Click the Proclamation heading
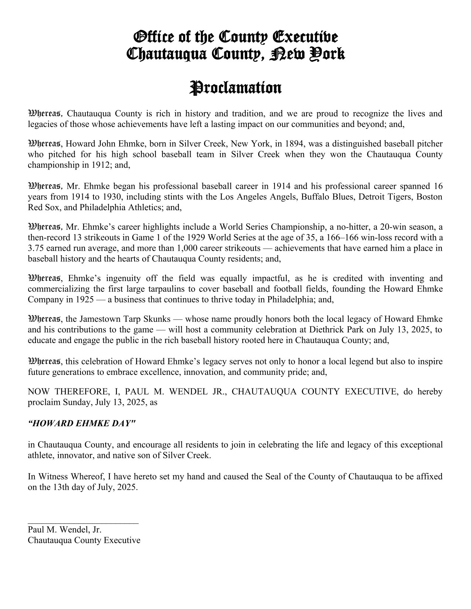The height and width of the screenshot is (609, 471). coord(235,88)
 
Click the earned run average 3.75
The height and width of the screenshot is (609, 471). coord(36,248)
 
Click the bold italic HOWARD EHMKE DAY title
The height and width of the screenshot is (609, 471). coord(82,423)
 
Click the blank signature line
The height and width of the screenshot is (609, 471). coord(83,522)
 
